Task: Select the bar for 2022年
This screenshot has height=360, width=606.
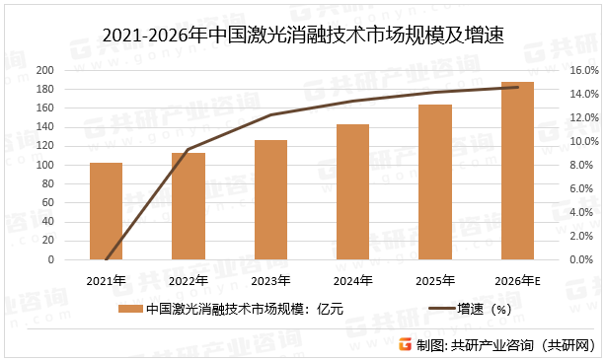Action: pos(188,206)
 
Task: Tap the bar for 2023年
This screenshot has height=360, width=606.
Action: pos(269,200)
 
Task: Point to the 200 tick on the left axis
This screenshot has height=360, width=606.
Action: pos(71,71)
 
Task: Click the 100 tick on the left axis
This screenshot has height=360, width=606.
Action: pos(71,166)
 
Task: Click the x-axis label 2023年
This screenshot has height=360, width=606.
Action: pos(269,281)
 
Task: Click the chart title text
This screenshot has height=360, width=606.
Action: pos(302,37)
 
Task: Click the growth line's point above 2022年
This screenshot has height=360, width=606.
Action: pos(188,150)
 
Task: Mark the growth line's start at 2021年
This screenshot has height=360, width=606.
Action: pos(106,259)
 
